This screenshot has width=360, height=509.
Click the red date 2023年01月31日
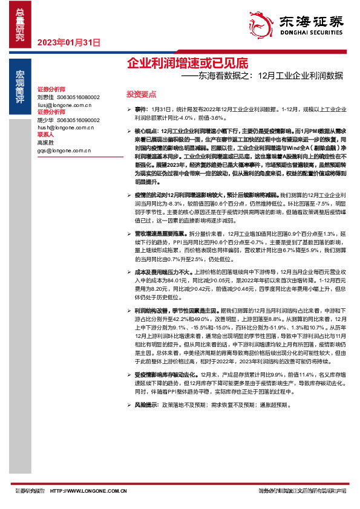coord(68,42)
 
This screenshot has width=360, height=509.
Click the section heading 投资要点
coord(141,94)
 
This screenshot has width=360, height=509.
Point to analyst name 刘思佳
coord(45,97)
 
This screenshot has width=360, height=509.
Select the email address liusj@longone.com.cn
coord(64,105)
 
